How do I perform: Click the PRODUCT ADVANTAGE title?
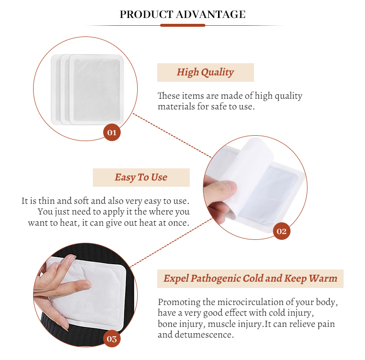coord(182,15)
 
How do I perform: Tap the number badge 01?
coord(111,132)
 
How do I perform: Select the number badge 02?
coord(281,231)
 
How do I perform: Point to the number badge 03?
coord(111,339)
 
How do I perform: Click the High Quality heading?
coord(205,72)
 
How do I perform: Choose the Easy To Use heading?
coord(141,178)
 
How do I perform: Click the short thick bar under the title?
coord(182,25)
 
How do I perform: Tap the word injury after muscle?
coord(248,324)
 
